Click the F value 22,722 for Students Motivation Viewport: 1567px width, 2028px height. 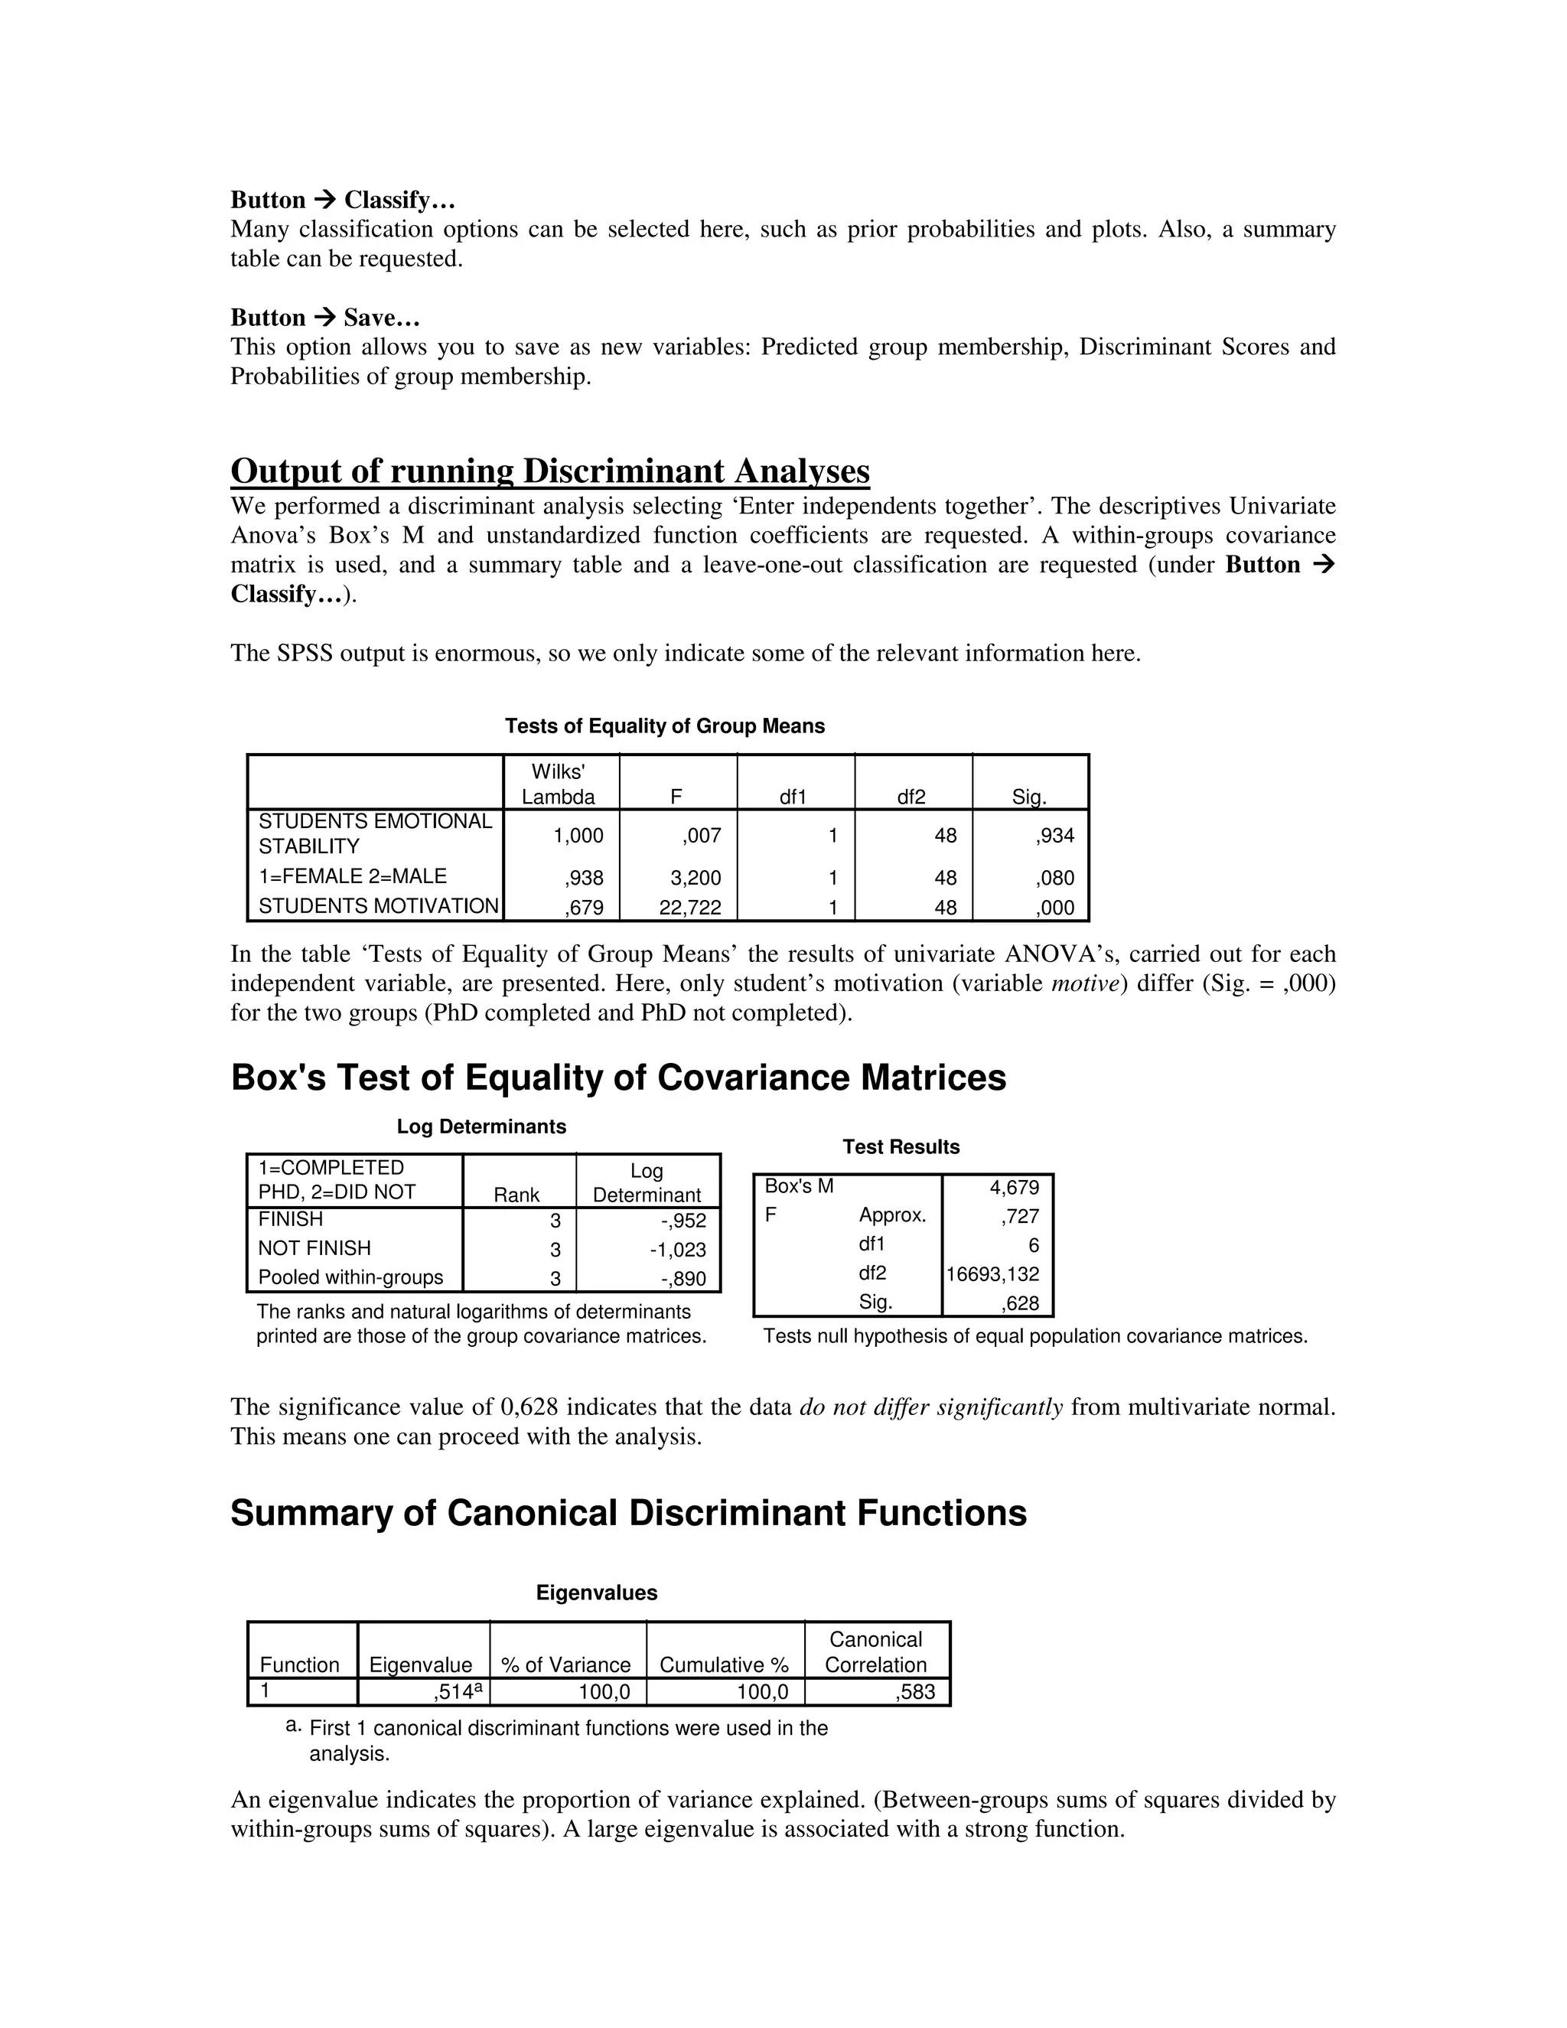point(689,907)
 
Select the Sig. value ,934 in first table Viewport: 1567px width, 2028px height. point(1054,836)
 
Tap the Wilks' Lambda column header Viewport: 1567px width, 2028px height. point(558,784)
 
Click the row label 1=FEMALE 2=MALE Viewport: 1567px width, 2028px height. point(352,875)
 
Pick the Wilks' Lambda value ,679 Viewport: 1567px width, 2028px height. point(584,907)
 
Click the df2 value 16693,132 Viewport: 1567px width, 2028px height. point(992,1274)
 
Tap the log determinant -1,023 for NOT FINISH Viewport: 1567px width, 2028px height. point(678,1250)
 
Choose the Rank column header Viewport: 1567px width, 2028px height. point(516,1195)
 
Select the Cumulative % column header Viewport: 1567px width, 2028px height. point(723,1665)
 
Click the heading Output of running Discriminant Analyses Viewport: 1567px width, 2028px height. point(549,471)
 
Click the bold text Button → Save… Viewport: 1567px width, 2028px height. point(325,318)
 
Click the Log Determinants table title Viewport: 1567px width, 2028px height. point(481,1126)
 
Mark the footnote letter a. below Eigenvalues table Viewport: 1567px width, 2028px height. point(293,1725)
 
